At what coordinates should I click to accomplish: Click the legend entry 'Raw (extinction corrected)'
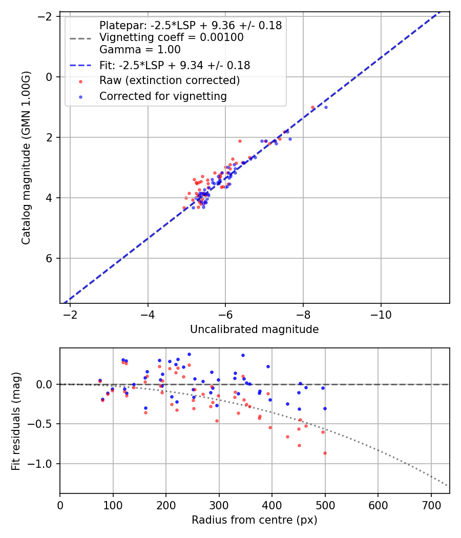(x=169, y=80)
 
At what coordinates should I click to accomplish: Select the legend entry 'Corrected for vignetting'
(x=163, y=96)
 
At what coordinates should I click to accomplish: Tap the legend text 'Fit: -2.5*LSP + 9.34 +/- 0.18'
(x=175, y=65)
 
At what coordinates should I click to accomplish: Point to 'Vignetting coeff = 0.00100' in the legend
(x=172, y=37)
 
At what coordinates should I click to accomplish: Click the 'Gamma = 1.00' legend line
(x=140, y=50)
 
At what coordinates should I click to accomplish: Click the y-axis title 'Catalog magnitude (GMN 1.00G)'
(x=27, y=158)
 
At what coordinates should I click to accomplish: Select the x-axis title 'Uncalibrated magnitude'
(x=254, y=329)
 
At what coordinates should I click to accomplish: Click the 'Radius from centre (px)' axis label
(x=254, y=520)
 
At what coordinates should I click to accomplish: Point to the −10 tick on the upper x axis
(x=381, y=314)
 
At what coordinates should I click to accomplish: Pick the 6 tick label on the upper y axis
(x=49, y=258)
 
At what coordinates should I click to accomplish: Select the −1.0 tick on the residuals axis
(x=43, y=464)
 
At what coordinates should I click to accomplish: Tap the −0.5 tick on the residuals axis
(x=43, y=424)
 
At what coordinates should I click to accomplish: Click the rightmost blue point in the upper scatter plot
(x=326, y=107)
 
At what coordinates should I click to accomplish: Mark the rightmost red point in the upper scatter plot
(x=313, y=108)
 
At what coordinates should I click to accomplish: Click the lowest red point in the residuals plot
(x=325, y=453)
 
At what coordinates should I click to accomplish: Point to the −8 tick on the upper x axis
(x=303, y=314)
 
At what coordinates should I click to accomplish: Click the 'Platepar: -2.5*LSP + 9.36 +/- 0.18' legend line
(x=191, y=26)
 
